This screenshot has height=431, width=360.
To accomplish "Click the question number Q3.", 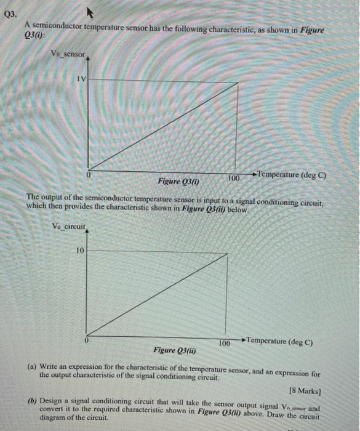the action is [x=10, y=12].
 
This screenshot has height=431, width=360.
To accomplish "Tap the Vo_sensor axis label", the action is [x=68, y=54].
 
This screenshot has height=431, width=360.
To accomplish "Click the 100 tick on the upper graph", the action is [x=233, y=178].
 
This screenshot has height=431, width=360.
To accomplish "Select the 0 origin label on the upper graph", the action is [x=89, y=175].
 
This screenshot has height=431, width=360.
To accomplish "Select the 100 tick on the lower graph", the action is [x=225, y=342].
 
